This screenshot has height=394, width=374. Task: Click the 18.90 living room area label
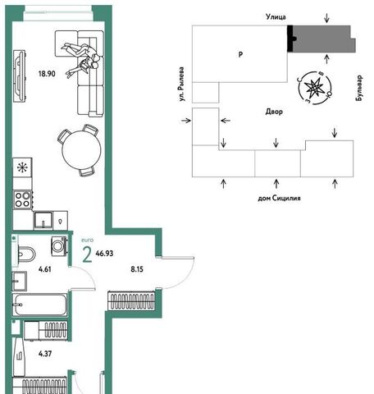pyautogui.click(x=47, y=74)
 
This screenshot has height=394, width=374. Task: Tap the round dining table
pyautogui.click(x=81, y=149)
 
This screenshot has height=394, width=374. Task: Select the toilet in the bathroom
pyautogui.click(x=26, y=254)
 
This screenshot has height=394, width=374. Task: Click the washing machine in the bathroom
pyautogui.click(x=59, y=246)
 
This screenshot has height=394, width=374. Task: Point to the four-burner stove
pyautogui.click(x=23, y=199)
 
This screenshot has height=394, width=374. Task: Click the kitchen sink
pyautogui.click(x=43, y=221)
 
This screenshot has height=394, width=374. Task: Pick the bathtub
pyautogui.click(x=40, y=305)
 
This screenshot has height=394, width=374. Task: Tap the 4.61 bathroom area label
pyautogui.click(x=45, y=269)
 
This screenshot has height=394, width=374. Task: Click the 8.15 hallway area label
pyautogui.click(x=137, y=269)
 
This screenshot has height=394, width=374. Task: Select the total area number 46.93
pyautogui.click(x=104, y=254)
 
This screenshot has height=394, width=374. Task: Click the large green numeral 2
pyautogui.click(x=87, y=255)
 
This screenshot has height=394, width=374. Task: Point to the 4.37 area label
pyautogui.click(x=45, y=354)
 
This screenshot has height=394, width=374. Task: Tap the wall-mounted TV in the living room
pyautogui.click(x=20, y=76)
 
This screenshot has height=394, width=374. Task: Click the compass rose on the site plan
pyautogui.click(x=315, y=88)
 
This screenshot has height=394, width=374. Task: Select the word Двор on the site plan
pyautogui.click(x=274, y=112)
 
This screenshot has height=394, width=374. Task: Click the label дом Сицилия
pyautogui.click(x=279, y=198)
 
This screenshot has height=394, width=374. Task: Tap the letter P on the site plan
pyautogui.click(x=240, y=54)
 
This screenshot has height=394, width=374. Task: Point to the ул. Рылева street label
pyautogui.click(x=181, y=85)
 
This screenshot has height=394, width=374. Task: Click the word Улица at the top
pyautogui.click(x=276, y=17)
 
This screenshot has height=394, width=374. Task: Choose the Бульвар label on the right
pyautogui.click(x=359, y=88)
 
